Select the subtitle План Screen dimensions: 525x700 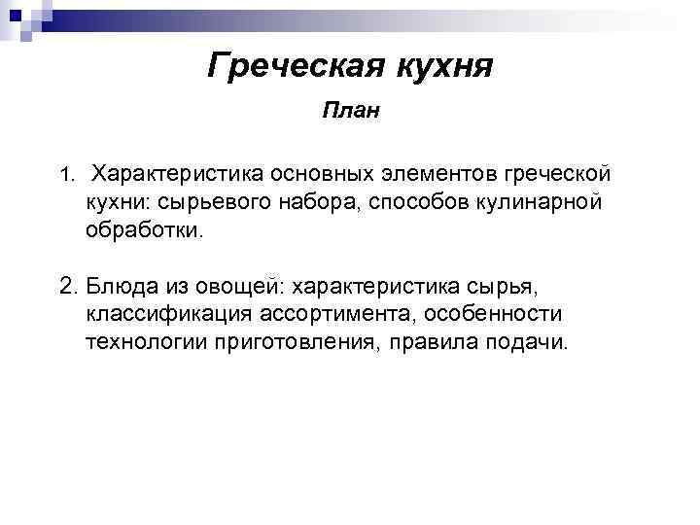point(350,112)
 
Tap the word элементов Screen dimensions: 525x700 point(457,174)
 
